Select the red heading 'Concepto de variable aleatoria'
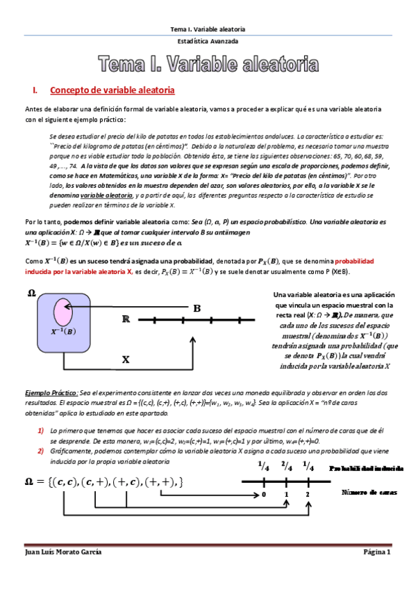[112, 91]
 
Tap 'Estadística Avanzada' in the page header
[208, 41]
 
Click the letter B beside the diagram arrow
[197, 308]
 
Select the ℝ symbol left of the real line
[126, 320]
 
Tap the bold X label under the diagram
[126, 360]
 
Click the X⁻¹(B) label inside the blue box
[63, 332]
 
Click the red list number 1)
[42, 431]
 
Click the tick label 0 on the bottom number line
[264, 495]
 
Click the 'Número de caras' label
[369, 492]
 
